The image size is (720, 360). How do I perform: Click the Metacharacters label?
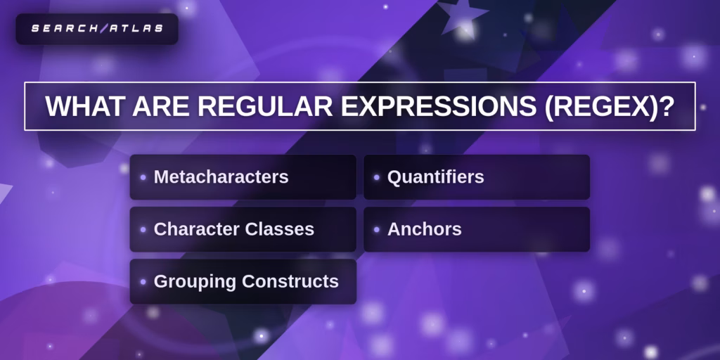tap(221, 177)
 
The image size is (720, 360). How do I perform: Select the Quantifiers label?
tap(435, 177)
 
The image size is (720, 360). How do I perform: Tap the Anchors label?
tap(424, 229)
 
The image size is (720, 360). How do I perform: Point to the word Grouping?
tap(195, 281)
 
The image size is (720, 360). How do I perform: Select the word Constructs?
tap(290, 281)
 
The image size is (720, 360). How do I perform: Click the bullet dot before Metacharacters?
tap(143, 177)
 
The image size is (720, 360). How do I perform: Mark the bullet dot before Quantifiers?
tap(377, 177)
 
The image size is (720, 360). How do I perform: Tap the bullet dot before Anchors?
tap(377, 229)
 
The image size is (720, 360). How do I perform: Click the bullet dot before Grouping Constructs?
tap(143, 281)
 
